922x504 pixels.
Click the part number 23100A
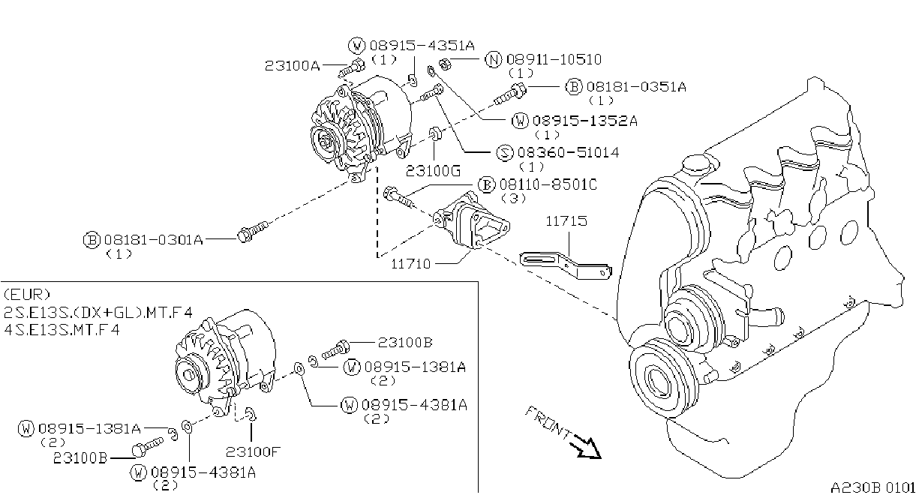click(292, 65)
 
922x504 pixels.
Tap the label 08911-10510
click(554, 59)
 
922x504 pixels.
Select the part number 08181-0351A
click(636, 87)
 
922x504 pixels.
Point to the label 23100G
click(433, 171)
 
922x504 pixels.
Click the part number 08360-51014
click(568, 153)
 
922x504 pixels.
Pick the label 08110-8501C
click(548, 184)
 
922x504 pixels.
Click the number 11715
click(566, 221)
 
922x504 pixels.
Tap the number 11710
click(410, 264)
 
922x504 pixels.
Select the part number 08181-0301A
click(154, 239)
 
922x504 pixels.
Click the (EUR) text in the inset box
click(27, 295)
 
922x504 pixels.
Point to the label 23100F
click(253, 452)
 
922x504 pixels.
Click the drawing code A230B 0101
click(872, 488)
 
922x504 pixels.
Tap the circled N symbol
click(494, 60)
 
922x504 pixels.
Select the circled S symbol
click(505, 153)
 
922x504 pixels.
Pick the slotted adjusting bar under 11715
click(566, 265)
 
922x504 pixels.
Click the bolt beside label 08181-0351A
click(509, 94)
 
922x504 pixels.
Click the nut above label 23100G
click(434, 134)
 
